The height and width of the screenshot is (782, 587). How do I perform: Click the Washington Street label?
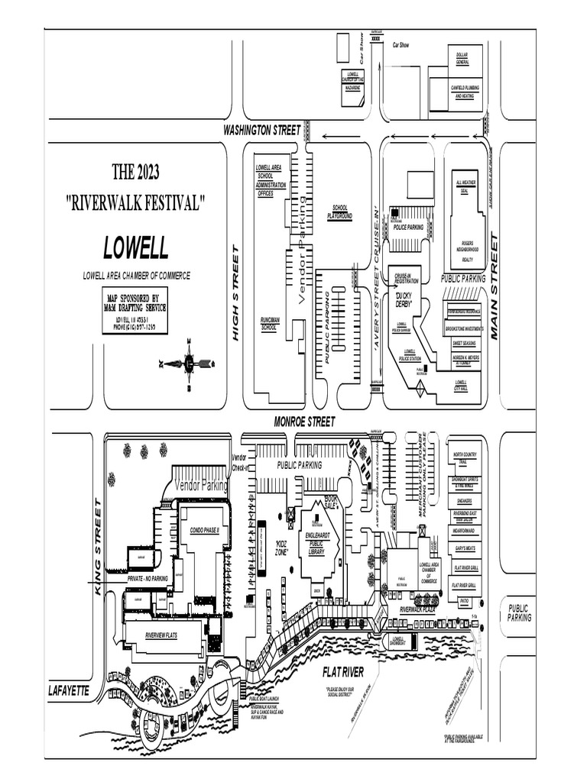(x=261, y=131)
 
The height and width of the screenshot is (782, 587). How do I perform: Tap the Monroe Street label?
(x=304, y=422)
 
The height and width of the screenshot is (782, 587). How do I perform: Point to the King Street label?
(x=98, y=546)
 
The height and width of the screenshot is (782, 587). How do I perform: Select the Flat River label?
(x=342, y=671)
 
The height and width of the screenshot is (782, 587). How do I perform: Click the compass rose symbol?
(x=188, y=364)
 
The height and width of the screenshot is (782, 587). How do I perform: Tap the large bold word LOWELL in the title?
(x=136, y=248)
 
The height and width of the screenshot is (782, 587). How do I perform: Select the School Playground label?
(x=340, y=212)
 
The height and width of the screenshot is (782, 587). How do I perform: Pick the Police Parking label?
(x=408, y=227)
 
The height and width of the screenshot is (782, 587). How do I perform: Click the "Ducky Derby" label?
(x=404, y=299)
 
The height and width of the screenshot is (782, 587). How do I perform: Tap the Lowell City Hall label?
(x=461, y=385)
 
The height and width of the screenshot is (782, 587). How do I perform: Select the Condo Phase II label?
(x=204, y=529)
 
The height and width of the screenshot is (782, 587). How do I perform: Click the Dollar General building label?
(x=462, y=59)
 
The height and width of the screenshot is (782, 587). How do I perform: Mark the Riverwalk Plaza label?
(x=417, y=609)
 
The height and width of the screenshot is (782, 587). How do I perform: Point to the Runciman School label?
(x=269, y=324)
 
